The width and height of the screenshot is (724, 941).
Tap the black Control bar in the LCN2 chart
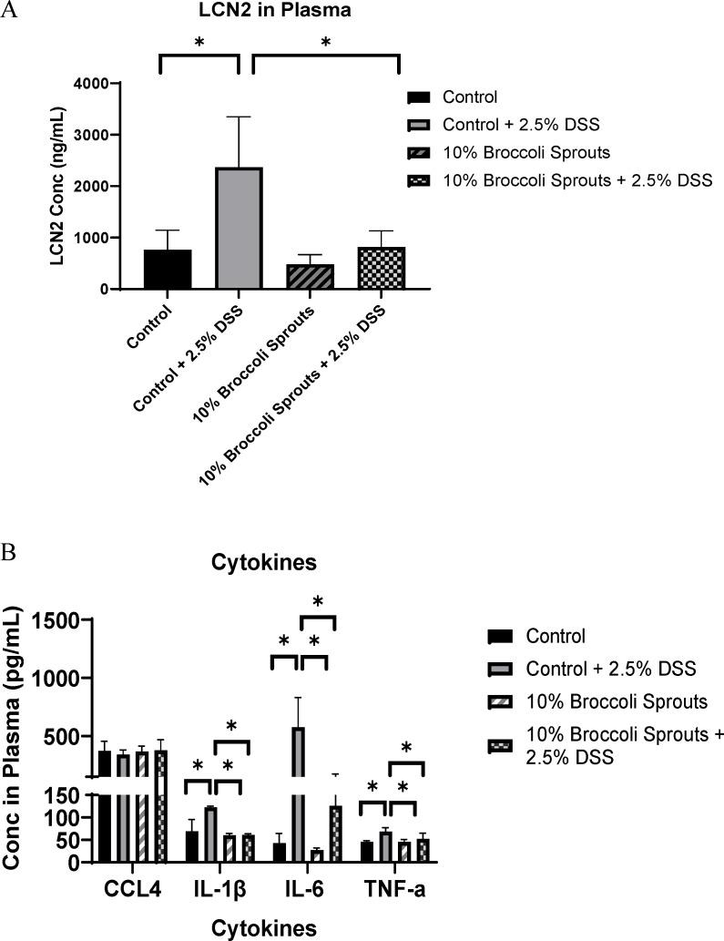[168, 269]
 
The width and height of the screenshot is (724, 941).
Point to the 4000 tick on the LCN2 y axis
[112, 84]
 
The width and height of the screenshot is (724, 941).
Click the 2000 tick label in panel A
[112, 187]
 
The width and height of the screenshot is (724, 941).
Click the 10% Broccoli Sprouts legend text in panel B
[605, 702]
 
